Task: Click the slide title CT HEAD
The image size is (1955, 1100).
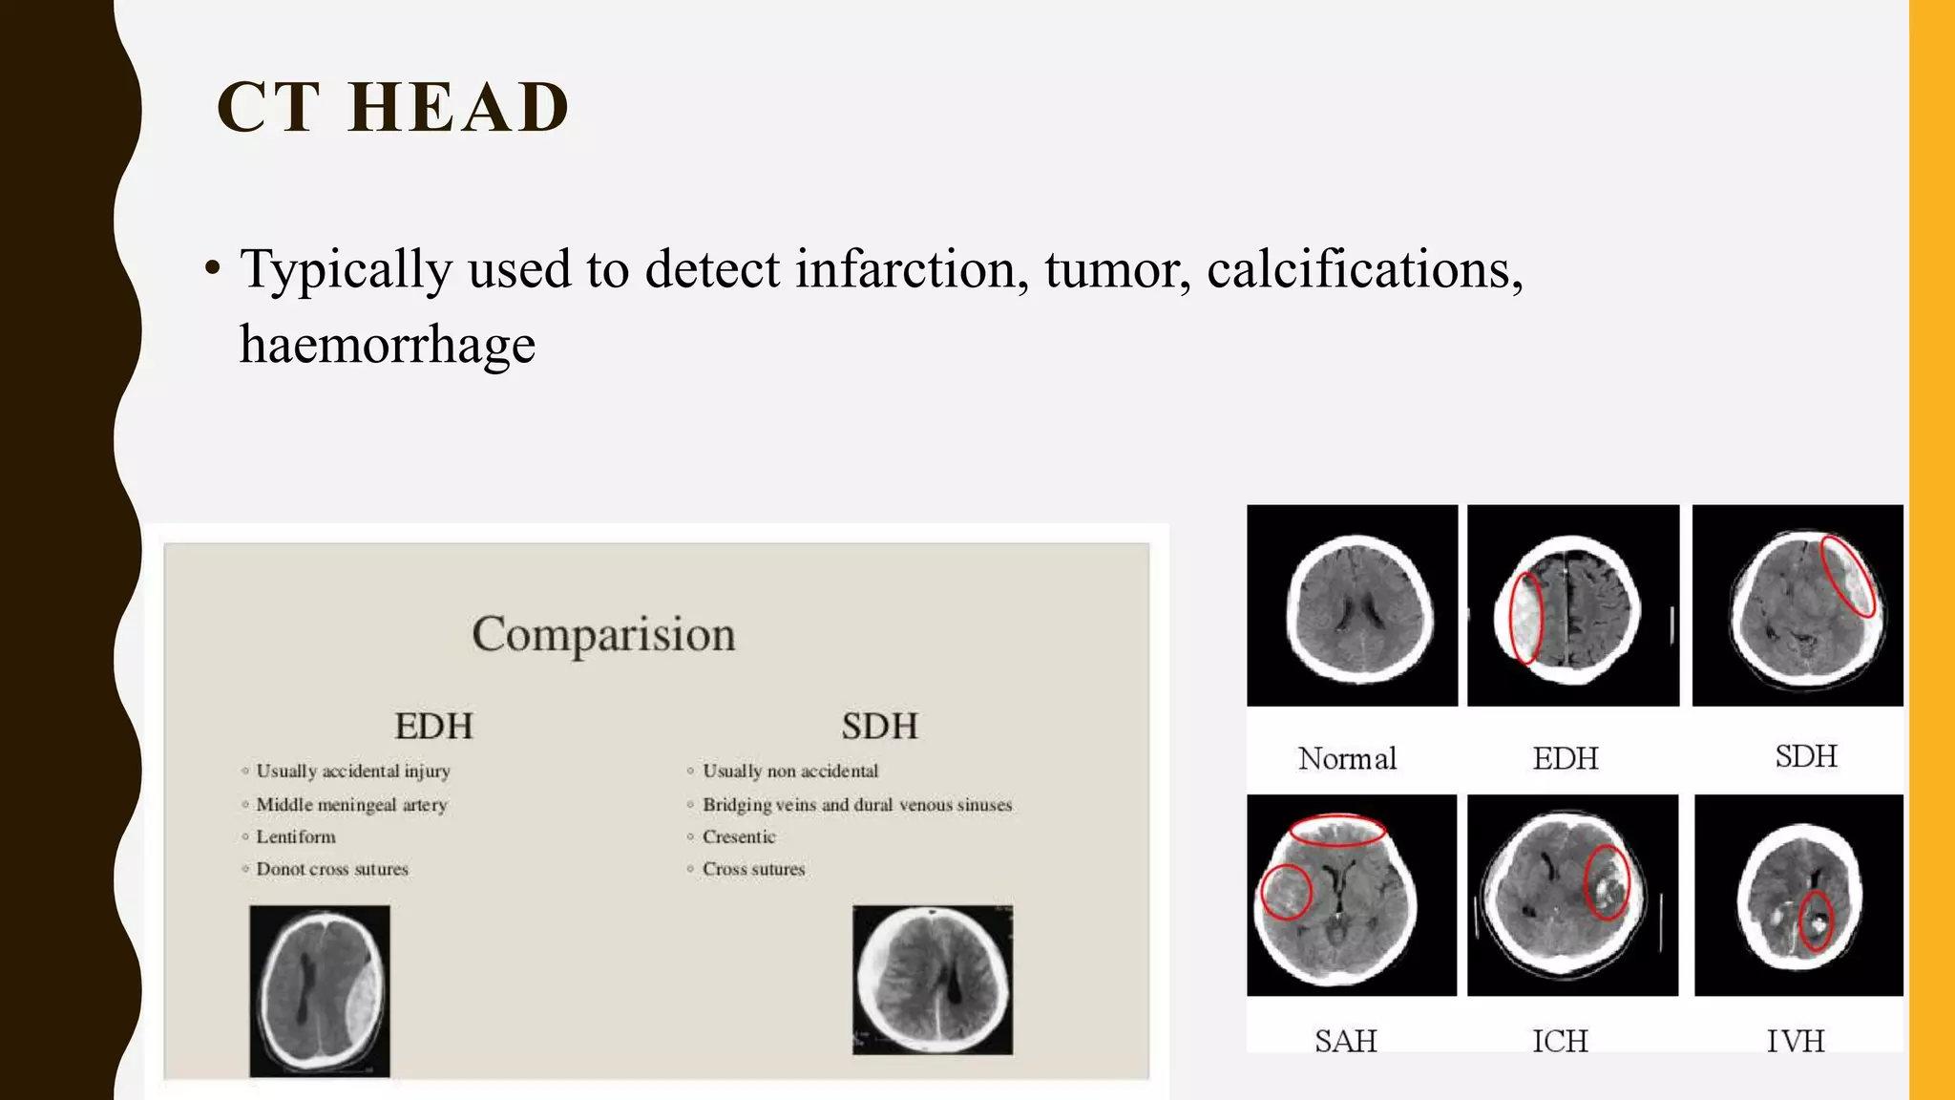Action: pos(392,107)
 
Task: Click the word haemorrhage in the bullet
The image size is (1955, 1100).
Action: pos(387,345)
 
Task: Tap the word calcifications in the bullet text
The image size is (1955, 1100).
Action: pos(1364,269)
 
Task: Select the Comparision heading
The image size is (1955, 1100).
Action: pos(603,634)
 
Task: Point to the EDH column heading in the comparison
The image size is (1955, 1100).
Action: pos(433,727)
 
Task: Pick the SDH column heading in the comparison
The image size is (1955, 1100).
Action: pos(879,727)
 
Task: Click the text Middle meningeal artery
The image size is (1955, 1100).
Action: pos(351,805)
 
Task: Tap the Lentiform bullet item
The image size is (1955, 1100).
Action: pos(296,837)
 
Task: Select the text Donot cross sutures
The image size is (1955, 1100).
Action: pos(332,870)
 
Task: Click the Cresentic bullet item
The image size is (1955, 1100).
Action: pos(739,837)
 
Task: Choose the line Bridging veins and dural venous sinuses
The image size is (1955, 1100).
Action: pos(856,805)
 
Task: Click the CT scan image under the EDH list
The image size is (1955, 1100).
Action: pos(320,990)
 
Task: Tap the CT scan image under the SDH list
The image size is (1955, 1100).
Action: pos(933,980)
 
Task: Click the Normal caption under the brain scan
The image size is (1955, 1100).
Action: pos(1347,759)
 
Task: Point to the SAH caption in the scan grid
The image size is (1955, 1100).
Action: pos(1345,1040)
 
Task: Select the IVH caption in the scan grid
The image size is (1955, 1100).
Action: pos(1795,1040)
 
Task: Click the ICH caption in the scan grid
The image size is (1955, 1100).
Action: pos(1560,1040)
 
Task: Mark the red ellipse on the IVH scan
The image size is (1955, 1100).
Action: pos(1816,920)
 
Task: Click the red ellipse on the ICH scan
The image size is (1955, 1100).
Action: pos(1607,882)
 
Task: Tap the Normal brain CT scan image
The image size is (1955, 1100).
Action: pos(1352,605)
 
